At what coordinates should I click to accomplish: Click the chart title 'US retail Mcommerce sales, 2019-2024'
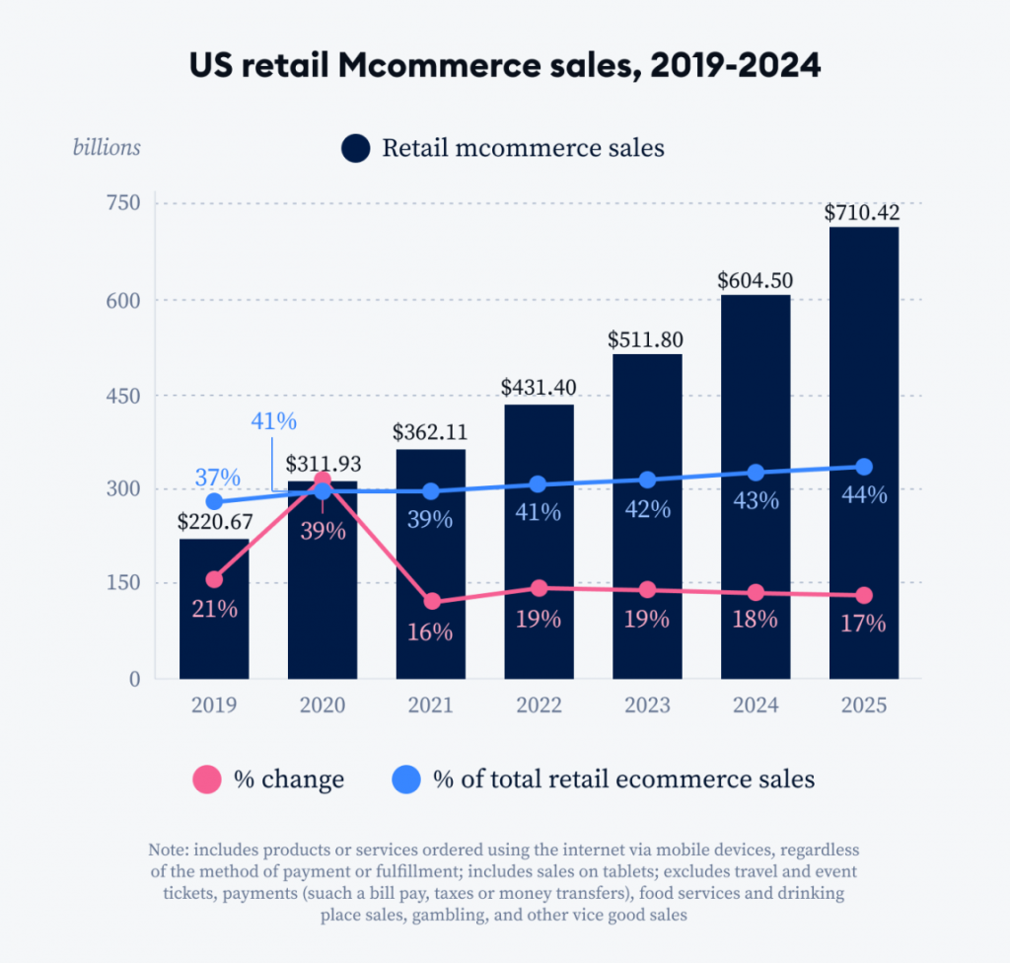pyautogui.click(x=504, y=66)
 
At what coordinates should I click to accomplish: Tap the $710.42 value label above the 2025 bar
pyautogui.click(x=864, y=212)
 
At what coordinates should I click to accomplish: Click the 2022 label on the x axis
pyautogui.click(x=539, y=705)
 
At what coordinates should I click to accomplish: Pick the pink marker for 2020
pyautogui.click(x=323, y=481)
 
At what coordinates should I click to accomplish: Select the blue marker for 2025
pyautogui.click(x=864, y=467)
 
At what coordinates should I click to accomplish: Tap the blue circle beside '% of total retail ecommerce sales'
pyautogui.click(x=405, y=779)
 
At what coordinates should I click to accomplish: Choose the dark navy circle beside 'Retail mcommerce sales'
pyautogui.click(x=355, y=149)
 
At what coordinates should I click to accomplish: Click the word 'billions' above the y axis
pyautogui.click(x=107, y=148)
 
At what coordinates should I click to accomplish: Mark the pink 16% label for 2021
pyautogui.click(x=430, y=632)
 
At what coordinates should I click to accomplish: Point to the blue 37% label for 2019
pyautogui.click(x=217, y=478)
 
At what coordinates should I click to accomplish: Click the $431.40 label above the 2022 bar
pyautogui.click(x=539, y=387)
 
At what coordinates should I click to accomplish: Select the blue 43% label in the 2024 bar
pyautogui.click(x=756, y=500)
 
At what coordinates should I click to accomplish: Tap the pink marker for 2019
pyautogui.click(x=214, y=579)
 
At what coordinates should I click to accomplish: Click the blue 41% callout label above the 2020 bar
pyautogui.click(x=273, y=421)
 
